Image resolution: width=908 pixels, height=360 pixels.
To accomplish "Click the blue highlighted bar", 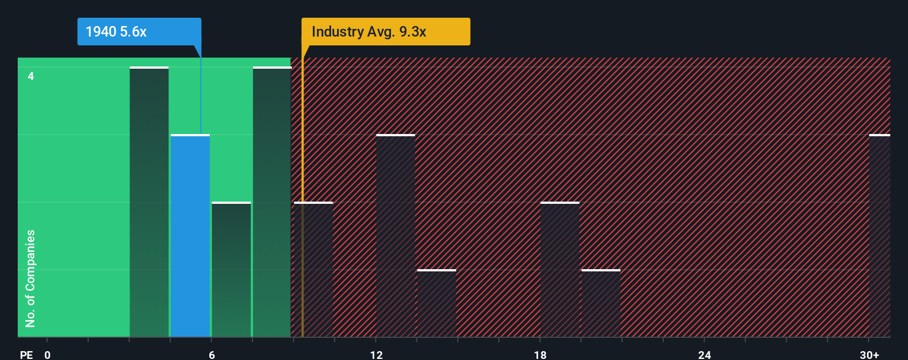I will (190, 235).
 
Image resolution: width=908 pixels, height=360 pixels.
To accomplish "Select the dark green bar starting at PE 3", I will (149, 202).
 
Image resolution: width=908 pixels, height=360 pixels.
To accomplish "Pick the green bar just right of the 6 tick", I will (231, 269).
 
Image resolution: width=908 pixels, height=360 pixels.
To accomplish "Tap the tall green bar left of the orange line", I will (272, 202).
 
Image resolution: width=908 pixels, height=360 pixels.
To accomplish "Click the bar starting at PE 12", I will (395, 235).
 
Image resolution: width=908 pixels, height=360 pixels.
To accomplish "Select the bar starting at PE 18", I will (560, 269).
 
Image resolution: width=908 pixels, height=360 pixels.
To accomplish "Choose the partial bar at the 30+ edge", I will (879, 235).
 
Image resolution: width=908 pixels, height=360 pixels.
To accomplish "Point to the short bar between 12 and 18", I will (436, 303).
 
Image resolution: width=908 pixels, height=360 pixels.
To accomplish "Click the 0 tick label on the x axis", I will (48, 354).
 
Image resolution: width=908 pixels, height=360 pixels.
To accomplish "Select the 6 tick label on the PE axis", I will (211, 354).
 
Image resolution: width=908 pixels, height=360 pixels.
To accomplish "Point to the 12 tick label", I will (376, 354).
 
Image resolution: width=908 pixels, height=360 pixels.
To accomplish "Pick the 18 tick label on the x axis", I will (540, 354).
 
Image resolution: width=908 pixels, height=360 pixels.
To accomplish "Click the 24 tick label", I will (704, 354).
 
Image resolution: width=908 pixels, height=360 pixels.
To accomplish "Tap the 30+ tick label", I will (869, 354).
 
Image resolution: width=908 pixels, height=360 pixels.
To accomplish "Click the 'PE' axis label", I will (26, 354).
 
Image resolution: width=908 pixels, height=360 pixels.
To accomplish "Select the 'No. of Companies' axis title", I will (30, 278).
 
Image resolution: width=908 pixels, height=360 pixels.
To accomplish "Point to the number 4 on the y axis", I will (31, 76).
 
